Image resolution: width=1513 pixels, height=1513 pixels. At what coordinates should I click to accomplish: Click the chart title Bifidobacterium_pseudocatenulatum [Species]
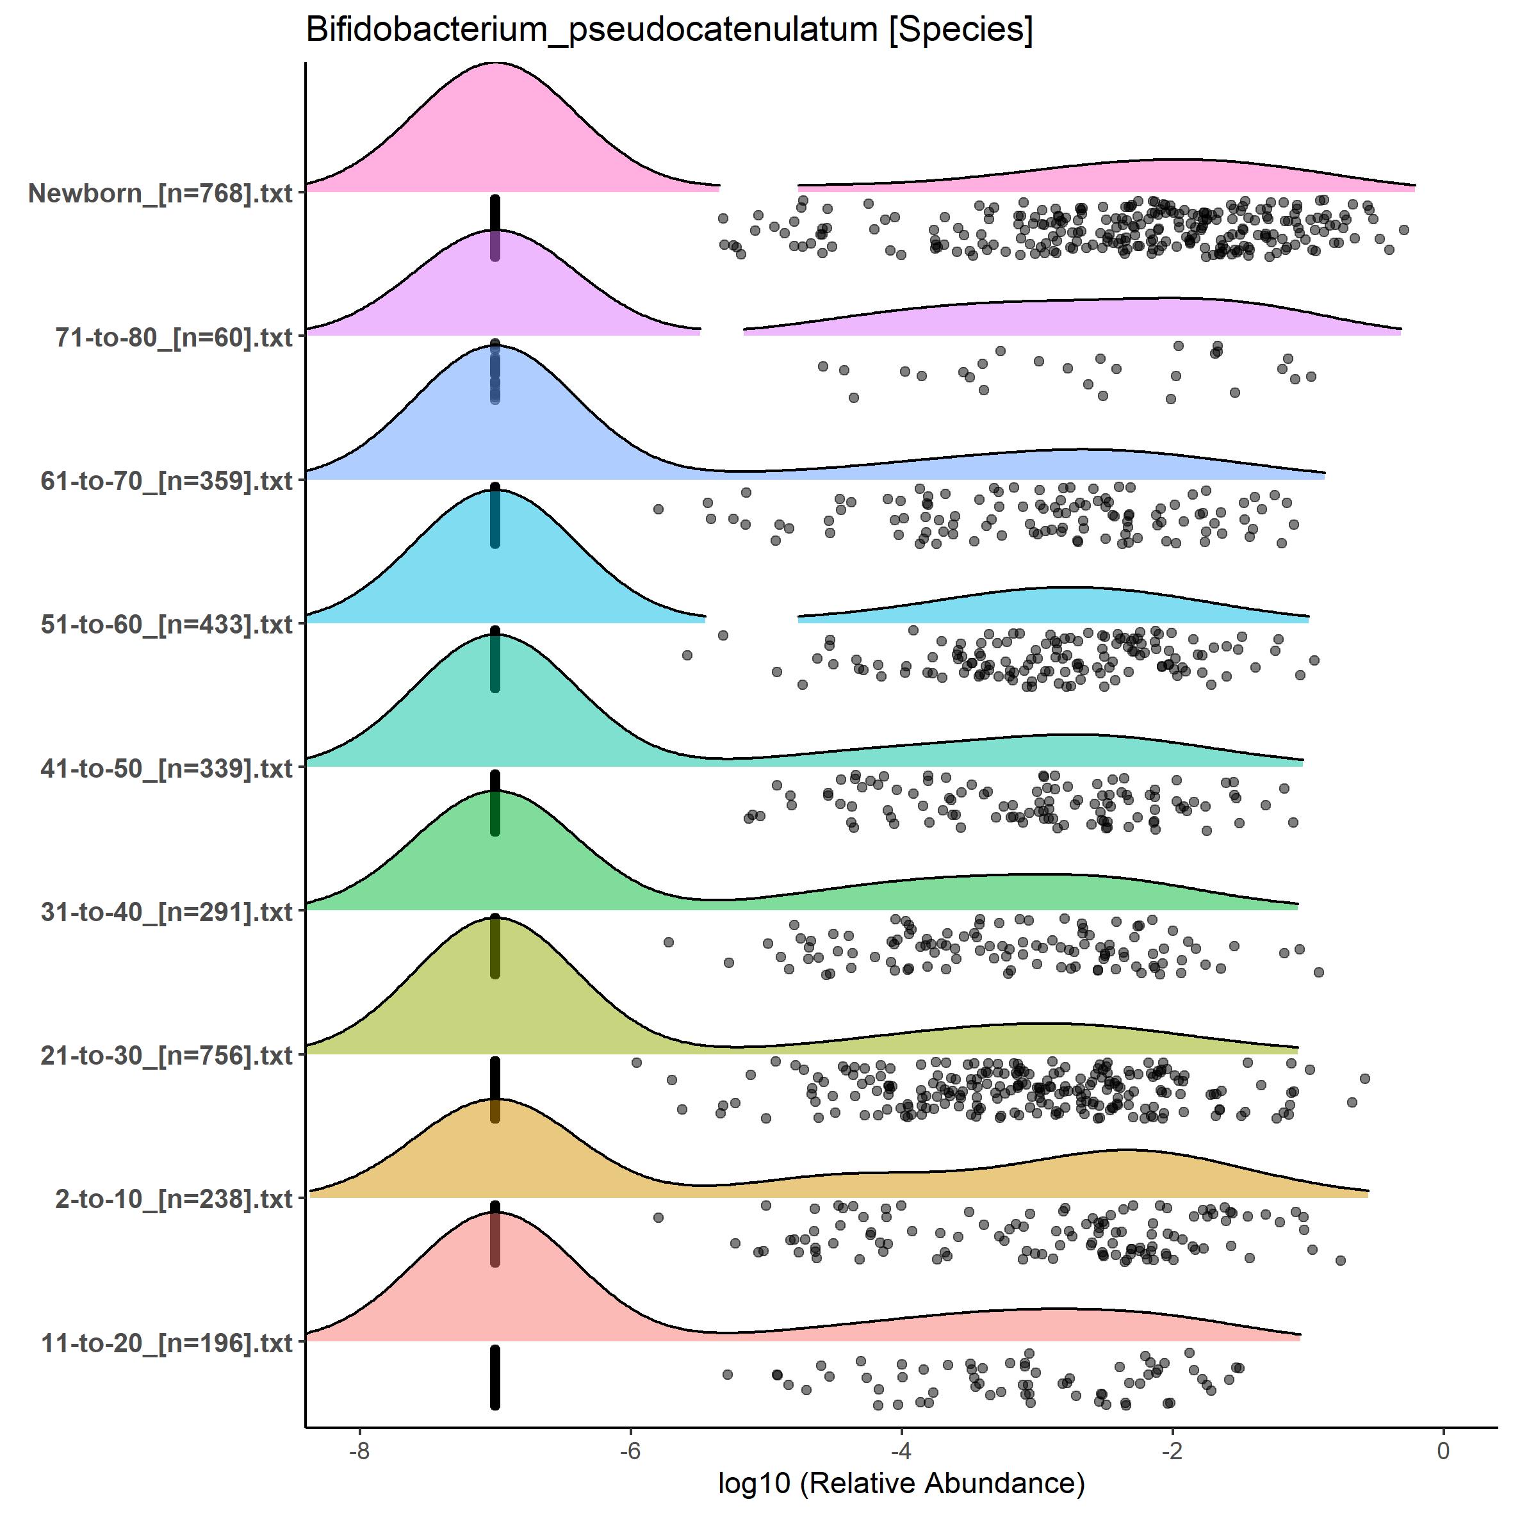coord(669,29)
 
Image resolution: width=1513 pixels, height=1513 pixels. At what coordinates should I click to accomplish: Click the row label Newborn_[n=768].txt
coord(161,193)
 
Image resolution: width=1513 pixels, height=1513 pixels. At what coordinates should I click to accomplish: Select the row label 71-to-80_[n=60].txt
coord(174,338)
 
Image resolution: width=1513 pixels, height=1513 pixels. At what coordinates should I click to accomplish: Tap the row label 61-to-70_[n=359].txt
coord(167,481)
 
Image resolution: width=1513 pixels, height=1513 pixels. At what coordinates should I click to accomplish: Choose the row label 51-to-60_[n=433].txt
coord(167,625)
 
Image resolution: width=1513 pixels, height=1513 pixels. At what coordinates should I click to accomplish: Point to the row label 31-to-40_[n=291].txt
coord(167,912)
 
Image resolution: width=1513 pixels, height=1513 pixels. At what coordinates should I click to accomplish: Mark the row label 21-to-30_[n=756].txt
coord(167,1056)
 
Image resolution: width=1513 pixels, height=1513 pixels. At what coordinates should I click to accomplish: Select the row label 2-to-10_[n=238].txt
coord(174,1200)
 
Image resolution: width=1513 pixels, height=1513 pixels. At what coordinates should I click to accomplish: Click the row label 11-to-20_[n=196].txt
coord(167,1344)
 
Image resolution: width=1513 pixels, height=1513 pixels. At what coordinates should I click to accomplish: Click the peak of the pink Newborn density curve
coord(495,64)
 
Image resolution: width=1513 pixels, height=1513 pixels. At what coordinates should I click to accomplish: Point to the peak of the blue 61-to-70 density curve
coord(495,346)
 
